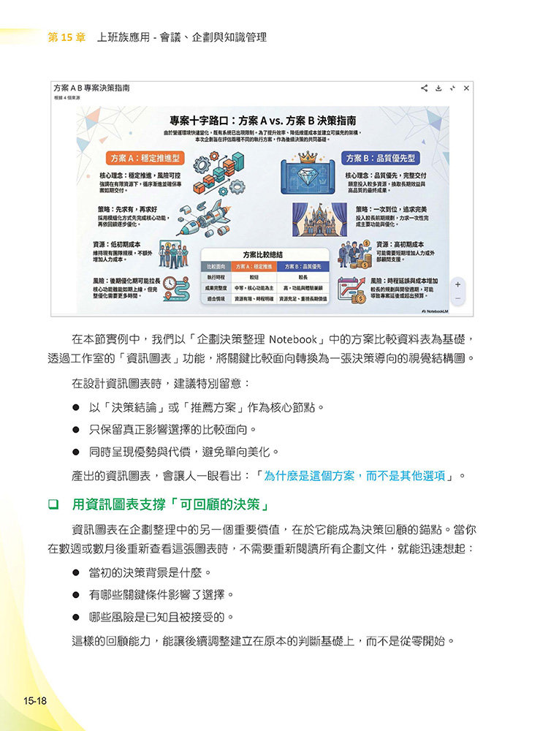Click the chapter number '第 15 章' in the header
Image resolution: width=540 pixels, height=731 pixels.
(67, 37)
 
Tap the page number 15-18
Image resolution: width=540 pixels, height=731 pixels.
(34, 701)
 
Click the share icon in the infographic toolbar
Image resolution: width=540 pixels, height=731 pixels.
(424, 88)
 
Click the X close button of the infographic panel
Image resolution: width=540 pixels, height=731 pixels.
(466, 88)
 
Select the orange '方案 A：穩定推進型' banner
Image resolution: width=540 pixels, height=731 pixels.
(145, 159)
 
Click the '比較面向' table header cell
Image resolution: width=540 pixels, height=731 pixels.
(215, 267)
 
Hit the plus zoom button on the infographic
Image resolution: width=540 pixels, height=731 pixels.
(458, 284)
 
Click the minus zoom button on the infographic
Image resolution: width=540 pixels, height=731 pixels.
(458, 298)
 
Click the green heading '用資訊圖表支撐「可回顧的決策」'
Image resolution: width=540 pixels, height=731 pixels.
(171, 504)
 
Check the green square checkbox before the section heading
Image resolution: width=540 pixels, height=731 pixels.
(53, 504)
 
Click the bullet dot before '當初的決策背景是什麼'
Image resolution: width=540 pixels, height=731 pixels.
(76, 572)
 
